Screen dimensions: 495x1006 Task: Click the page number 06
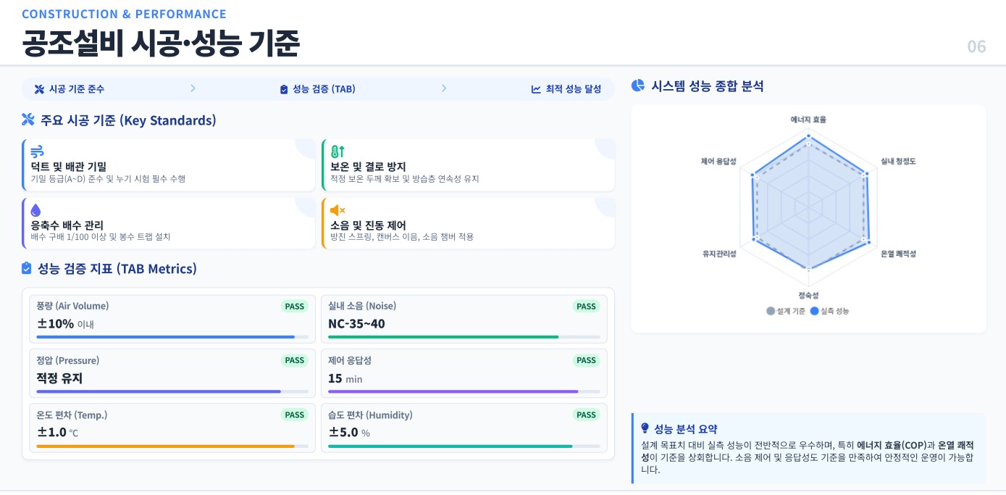pos(976,46)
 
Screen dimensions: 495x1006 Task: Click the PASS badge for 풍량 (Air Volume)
pos(294,307)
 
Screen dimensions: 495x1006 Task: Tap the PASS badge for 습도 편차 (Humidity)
pos(586,415)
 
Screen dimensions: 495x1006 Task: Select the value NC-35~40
pos(356,324)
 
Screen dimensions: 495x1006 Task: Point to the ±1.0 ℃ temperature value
pos(57,433)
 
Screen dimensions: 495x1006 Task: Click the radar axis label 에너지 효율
pos(808,119)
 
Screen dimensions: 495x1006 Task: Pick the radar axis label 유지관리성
pos(719,254)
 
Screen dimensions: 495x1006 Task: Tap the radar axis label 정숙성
pos(808,295)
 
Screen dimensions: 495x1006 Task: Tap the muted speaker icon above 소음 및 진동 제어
pos(338,210)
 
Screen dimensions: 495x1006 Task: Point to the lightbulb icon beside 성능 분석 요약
pos(645,428)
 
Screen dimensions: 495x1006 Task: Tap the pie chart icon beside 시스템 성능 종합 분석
pos(638,86)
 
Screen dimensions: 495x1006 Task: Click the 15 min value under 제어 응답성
pos(345,378)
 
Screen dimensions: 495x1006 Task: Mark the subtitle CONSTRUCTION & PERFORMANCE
pos(124,14)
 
